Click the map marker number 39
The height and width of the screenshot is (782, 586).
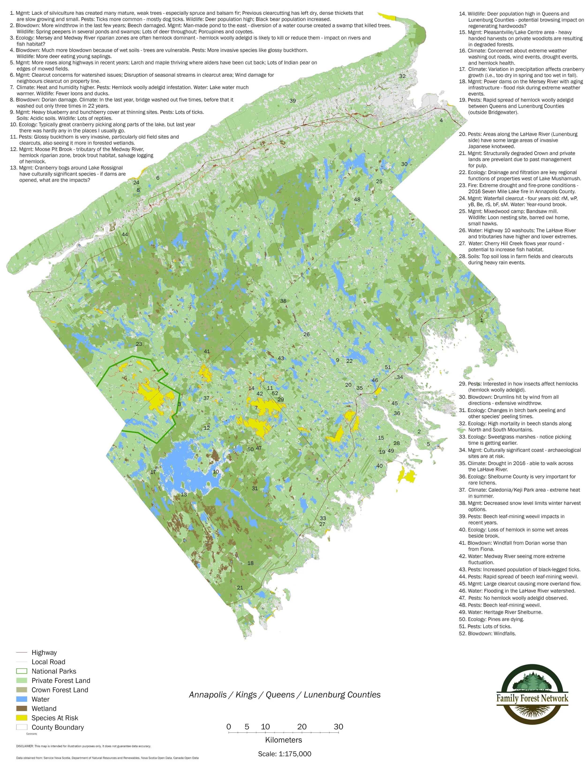pyautogui.click(x=293, y=101)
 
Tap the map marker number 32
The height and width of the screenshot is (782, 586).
pyautogui.click(x=402, y=76)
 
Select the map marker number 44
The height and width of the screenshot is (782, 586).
pyautogui.click(x=125, y=234)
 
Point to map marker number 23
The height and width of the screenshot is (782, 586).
pyautogui.click(x=139, y=344)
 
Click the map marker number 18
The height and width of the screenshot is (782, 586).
pyautogui.click(x=250, y=563)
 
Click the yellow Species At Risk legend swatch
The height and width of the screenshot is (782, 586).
pyautogui.click(x=22, y=718)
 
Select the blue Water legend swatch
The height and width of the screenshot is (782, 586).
pyautogui.click(x=22, y=699)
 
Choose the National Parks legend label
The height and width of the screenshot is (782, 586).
pyautogui.click(x=54, y=671)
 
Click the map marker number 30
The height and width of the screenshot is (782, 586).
pyautogui.click(x=404, y=164)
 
